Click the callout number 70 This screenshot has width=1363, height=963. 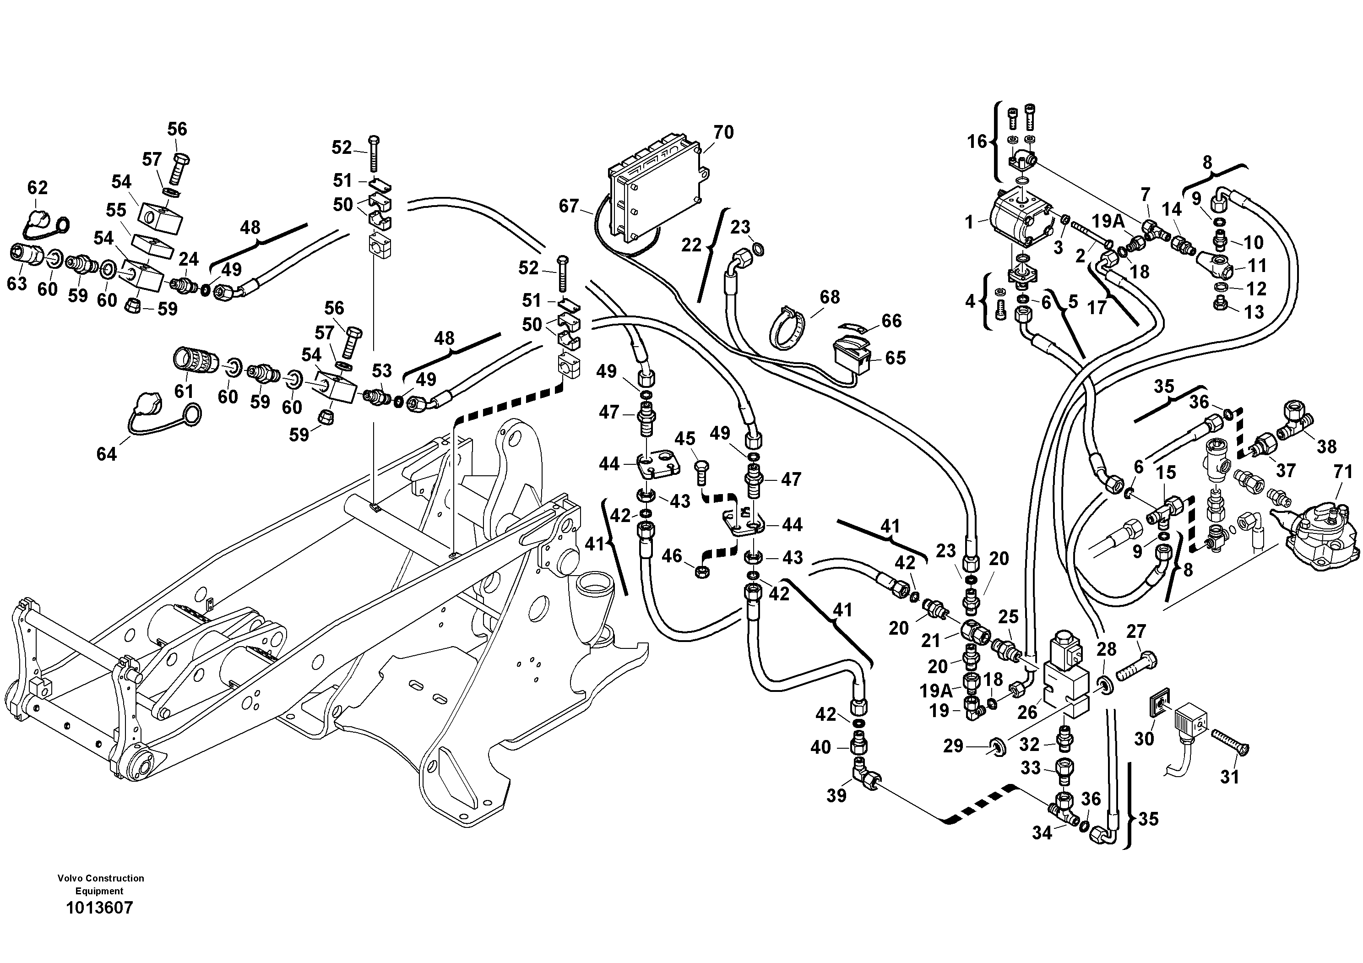pyautogui.click(x=723, y=132)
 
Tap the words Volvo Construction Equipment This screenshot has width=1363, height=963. pyautogui.click(x=100, y=884)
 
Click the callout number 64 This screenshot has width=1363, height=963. pyautogui.click(x=106, y=454)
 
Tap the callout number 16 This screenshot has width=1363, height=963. pyautogui.click(x=977, y=141)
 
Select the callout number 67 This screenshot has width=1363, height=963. pyautogui.click(x=568, y=206)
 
